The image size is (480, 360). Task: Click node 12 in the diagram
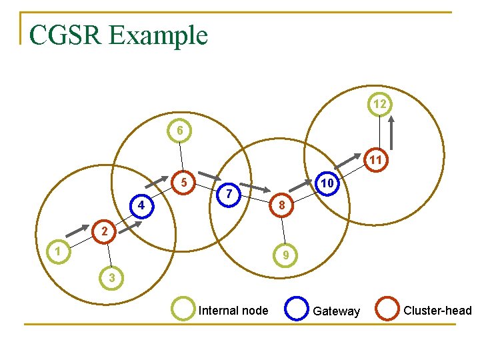click(379, 105)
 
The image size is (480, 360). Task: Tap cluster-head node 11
click(375, 160)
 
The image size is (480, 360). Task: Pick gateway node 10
click(327, 182)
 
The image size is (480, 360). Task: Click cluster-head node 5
click(187, 182)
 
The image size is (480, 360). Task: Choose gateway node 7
click(229, 193)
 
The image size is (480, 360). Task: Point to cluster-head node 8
click(282, 207)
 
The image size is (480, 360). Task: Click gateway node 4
click(140, 205)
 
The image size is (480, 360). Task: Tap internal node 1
click(59, 252)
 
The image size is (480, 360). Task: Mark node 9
click(285, 255)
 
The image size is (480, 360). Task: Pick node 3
click(112, 277)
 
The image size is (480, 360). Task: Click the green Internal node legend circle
click(183, 309)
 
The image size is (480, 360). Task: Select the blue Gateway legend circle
click(296, 309)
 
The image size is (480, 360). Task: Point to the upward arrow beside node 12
click(391, 133)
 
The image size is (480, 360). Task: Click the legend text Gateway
click(336, 311)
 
